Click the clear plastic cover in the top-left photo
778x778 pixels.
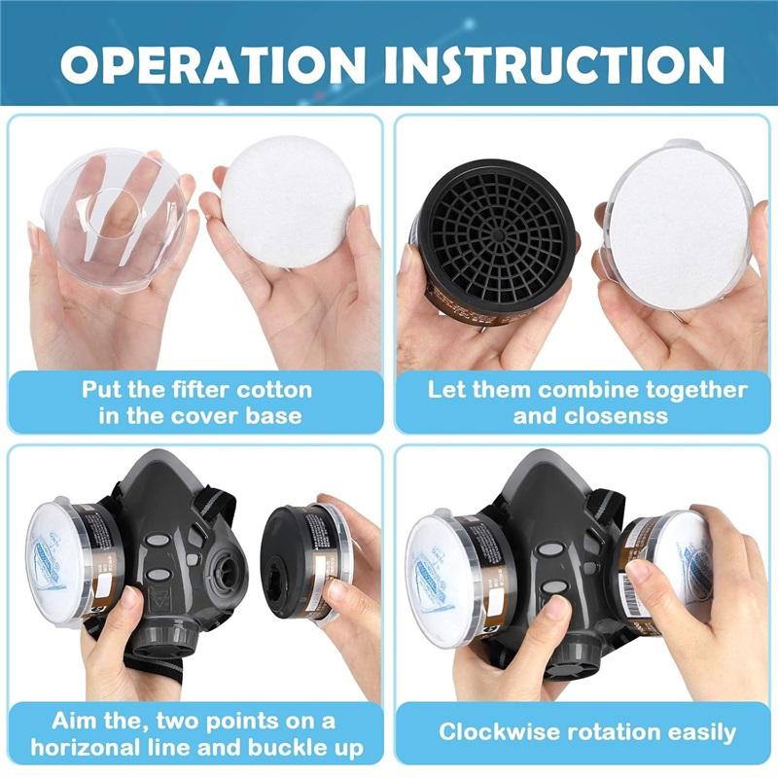114,220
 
